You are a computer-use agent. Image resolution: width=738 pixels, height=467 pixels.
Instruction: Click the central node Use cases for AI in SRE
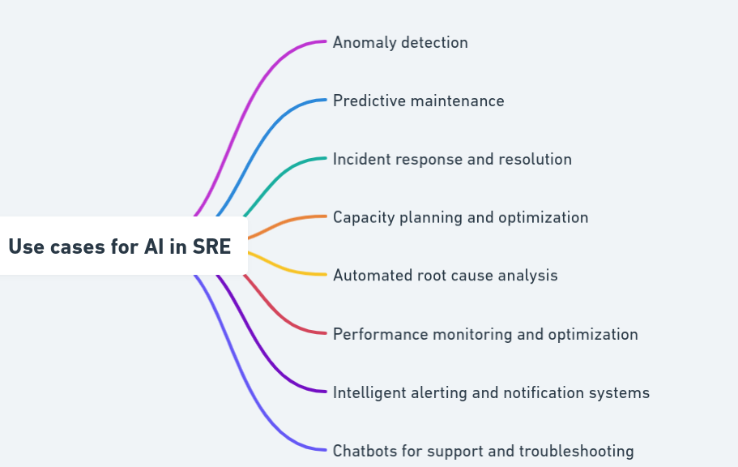(120, 246)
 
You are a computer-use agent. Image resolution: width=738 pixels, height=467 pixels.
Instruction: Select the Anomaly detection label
(400, 43)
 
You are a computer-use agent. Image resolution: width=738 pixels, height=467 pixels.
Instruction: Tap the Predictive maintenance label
(418, 101)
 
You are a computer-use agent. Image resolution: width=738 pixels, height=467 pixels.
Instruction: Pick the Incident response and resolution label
(452, 160)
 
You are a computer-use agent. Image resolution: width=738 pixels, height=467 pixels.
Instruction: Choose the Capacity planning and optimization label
(460, 218)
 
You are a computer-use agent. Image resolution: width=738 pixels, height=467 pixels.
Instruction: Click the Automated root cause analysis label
(445, 276)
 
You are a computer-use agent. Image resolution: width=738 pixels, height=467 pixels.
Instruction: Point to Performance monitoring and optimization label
(485, 335)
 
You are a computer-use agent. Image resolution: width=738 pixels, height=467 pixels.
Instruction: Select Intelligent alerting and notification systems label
(491, 393)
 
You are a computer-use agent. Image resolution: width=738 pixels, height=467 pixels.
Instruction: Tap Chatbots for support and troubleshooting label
(483, 452)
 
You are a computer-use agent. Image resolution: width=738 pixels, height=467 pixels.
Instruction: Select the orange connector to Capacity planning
(284, 222)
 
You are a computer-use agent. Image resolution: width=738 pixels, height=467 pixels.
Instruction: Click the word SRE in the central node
(211, 246)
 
